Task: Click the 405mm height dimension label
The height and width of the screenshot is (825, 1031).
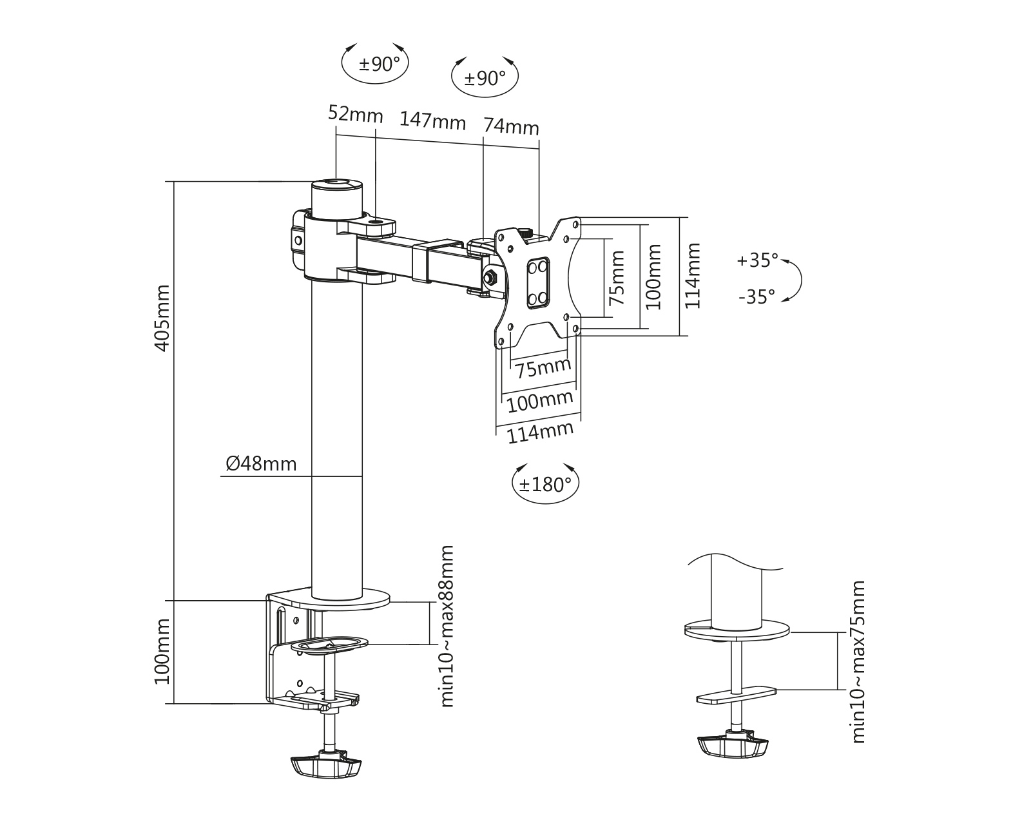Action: point(163,318)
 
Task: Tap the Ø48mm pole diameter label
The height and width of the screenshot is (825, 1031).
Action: point(262,463)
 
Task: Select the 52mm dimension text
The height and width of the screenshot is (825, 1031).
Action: point(355,114)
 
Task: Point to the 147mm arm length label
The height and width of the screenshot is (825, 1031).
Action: point(433,120)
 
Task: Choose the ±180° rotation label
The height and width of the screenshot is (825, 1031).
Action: point(545,484)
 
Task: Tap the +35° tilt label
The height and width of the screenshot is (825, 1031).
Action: point(758,260)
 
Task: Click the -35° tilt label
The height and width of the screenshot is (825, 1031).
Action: point(757,297)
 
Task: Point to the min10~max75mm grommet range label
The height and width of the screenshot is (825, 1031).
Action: point(858,662)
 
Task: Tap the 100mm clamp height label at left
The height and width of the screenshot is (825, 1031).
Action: point(163,652)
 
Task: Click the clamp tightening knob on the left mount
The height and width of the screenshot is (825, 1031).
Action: point(326,766)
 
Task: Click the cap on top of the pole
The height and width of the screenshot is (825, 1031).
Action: point(336,184)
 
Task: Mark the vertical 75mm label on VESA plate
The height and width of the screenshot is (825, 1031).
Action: point(617,278)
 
